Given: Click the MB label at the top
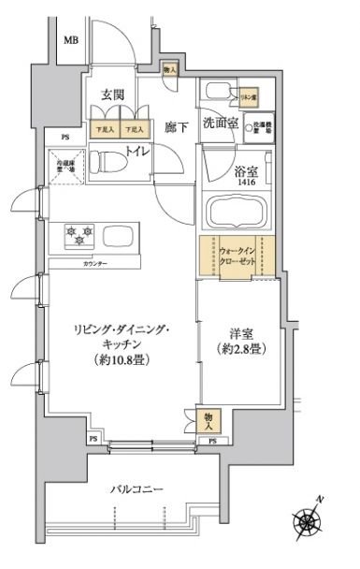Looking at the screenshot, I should tap(71, 41).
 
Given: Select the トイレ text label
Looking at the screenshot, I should tap(137, 153).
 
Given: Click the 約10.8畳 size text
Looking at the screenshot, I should tap(122, 361).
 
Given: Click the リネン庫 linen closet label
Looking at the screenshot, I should tap(247, 96).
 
